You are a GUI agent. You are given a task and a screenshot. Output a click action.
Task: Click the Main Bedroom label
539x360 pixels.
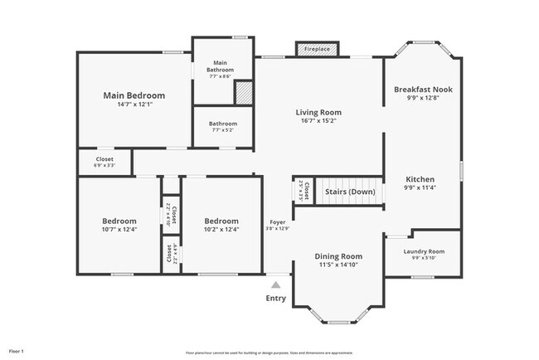134,95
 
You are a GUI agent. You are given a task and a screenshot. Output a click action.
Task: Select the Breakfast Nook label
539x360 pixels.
423,89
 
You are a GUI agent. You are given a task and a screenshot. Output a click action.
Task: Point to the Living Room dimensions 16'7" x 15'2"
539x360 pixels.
318,121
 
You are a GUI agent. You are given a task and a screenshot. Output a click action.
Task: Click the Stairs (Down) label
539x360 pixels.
349,192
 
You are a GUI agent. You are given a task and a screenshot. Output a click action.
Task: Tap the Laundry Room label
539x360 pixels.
424,251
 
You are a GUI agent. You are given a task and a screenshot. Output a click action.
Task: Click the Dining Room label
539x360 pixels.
338,256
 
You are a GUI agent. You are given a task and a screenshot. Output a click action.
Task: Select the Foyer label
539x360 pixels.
277,222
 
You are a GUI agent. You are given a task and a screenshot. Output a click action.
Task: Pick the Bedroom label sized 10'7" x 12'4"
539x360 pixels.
119,221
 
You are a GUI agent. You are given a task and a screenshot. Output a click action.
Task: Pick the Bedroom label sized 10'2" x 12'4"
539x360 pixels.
221,221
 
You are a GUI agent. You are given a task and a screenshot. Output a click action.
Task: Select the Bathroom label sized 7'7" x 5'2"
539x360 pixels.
222,124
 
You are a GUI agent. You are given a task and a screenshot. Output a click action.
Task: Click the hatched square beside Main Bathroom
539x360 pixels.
244,92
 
